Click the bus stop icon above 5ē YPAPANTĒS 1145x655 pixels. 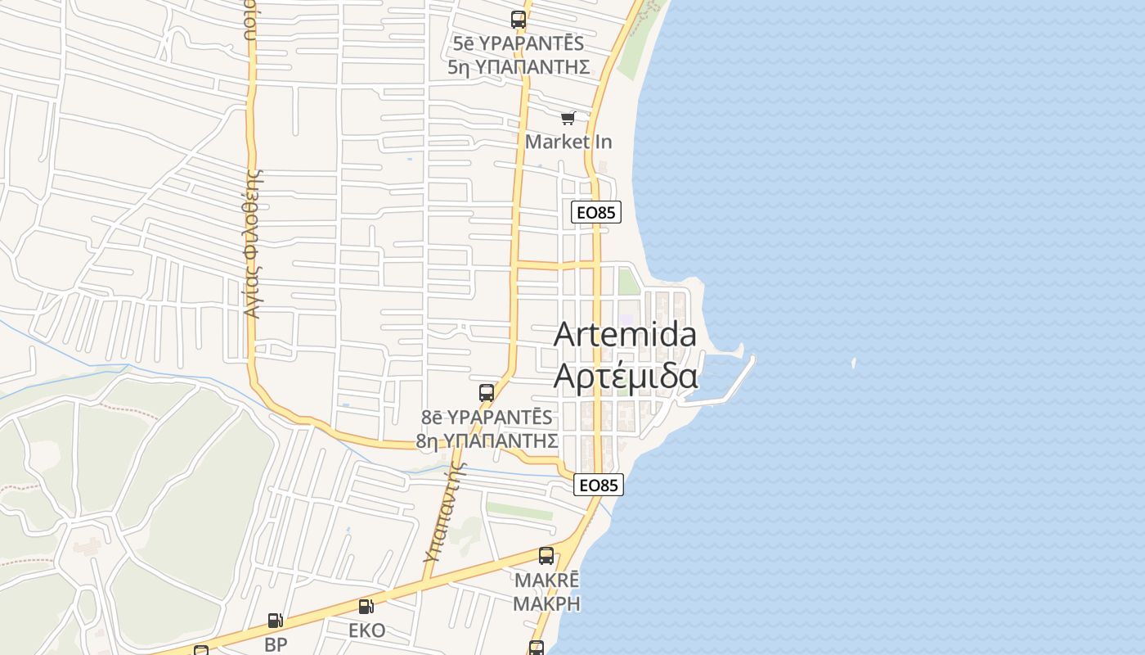pos(519,20)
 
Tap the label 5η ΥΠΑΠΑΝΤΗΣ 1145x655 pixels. pos(519,67)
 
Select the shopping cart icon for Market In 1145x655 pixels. pos(568,119)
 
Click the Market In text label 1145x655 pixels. pos(568,142)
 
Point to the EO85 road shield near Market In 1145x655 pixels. pos(595,213)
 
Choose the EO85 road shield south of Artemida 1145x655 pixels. pos(598,485)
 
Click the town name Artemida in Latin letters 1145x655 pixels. pos(626,335)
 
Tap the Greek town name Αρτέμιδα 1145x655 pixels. pos(626,376)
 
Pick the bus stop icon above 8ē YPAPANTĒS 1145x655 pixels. pos(487,393)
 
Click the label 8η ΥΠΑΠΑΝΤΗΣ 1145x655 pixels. pos(487,441)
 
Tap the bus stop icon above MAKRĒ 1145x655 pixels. pos(546,557)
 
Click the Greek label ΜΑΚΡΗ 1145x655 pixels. pos(546,604)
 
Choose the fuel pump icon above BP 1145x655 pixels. pos(276,621)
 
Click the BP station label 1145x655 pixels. pos(276,644)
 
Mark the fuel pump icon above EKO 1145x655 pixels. pos(366,607)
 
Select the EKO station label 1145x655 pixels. pos(366,631)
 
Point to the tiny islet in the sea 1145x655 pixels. pos(853,363)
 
